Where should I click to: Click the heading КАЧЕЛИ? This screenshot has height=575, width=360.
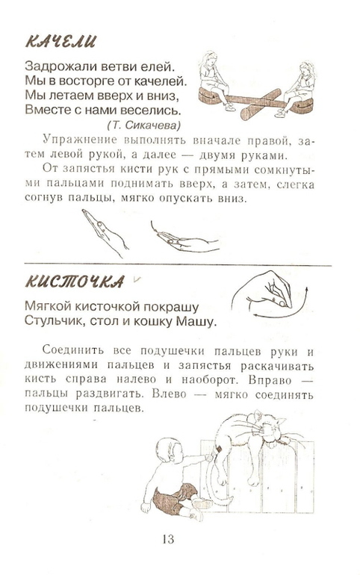point(60,41)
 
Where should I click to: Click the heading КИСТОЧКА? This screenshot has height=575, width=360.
point(75,282)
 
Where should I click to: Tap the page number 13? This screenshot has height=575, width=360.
point(167,539)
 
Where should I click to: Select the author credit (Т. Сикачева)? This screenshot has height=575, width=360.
point(143,125)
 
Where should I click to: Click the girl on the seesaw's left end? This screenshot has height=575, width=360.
point(214,81)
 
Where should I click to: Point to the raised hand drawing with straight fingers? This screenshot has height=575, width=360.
point(105,232)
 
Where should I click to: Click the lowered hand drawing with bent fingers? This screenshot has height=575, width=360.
point(184,238)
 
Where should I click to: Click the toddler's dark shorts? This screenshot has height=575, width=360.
point(173,497)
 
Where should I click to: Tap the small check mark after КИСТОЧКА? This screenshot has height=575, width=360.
point(137,279)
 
